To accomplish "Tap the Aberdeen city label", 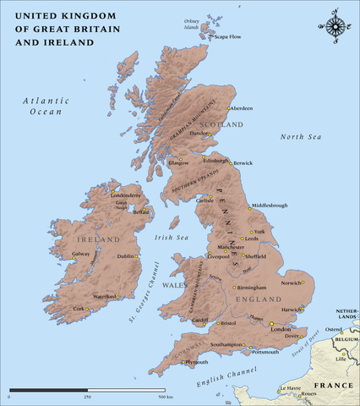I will click(242, 109).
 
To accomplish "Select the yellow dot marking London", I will click(271, 324).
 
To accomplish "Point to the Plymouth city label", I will click(196, 362).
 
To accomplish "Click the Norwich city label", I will click(291, 283).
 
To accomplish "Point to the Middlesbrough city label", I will click(270, 206).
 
